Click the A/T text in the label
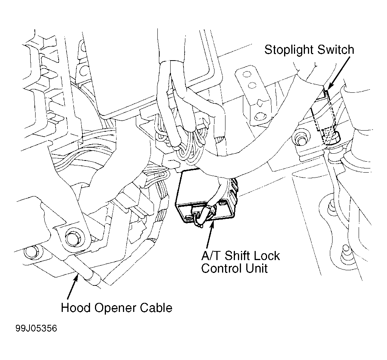click(211, 256)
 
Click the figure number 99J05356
click(36, 329)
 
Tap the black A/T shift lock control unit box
click(205, 195)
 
